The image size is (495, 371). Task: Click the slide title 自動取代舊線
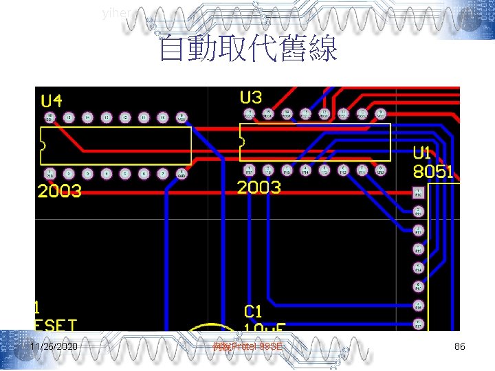click(x=247, y=49)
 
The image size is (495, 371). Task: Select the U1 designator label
click(x=423, y=153)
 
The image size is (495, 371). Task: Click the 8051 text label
click(x=433, y=172)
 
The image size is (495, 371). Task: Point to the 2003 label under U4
click(x=60, y=191)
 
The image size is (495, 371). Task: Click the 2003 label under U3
click(x=258, y=187)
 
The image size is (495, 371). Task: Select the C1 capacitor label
click(x=254, y=313)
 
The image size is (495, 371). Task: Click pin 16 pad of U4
click(x=50, y=117)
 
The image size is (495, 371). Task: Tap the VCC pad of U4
click(x=181, y=117)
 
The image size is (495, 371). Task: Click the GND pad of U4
click(x=181, y=174)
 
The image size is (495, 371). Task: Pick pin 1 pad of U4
click(x=50, y=174)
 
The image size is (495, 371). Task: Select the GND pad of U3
click(x=380, y=168)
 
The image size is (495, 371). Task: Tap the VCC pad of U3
click(x=380, y=113)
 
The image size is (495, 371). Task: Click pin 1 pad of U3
click(x=249, y=168)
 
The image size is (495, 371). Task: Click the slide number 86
click(x=460, y=347)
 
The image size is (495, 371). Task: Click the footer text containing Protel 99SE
click(x=247, y=348)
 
